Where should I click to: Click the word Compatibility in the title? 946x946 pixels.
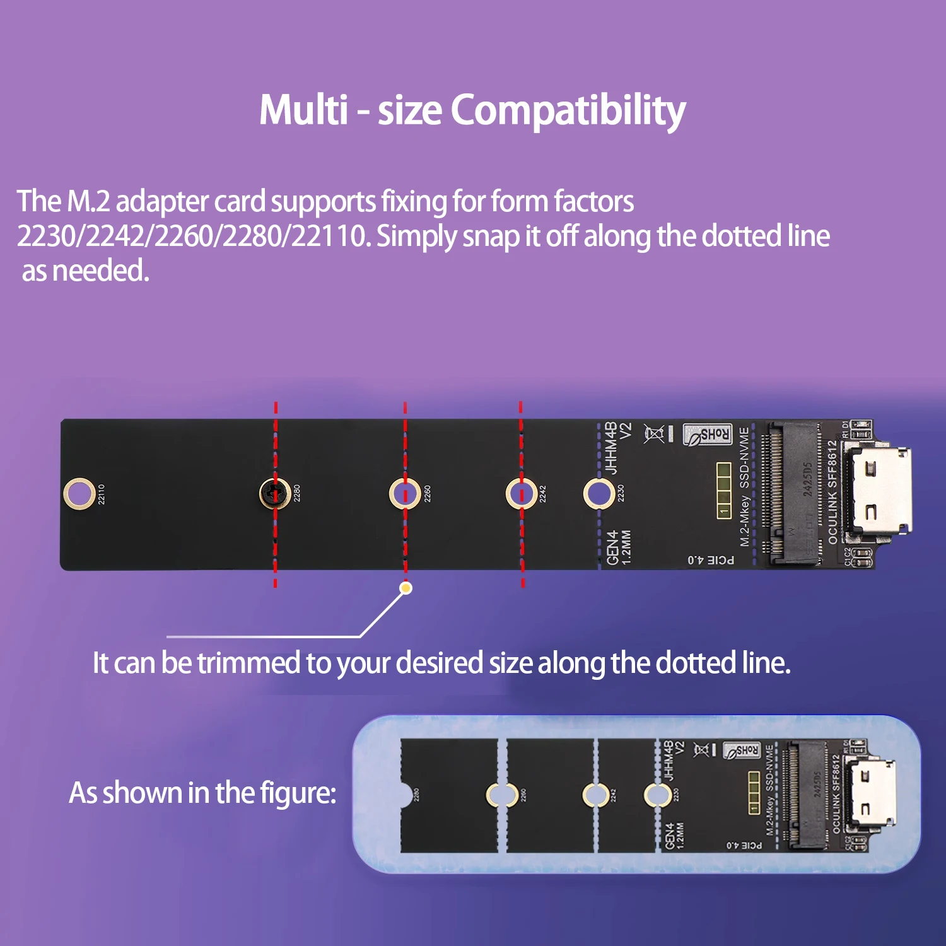coord(568,111)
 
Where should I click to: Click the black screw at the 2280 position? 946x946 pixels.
coord(275,493)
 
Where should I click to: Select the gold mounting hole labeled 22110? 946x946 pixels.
coord(79,493)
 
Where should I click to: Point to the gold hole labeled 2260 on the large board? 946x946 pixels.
coord(405,493)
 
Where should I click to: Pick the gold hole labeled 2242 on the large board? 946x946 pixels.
coord(522,493)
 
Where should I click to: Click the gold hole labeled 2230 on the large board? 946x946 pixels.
coord(599,493)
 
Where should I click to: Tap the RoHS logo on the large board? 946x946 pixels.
coord(708,435)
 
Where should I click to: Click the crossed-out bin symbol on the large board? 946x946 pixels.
coord(654,433)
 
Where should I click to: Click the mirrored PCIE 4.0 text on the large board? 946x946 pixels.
coord(711,560)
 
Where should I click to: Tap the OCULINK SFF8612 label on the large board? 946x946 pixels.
coord(832,492)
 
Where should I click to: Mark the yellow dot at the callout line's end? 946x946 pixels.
coord(406,588)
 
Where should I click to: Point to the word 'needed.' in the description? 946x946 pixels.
coord(100,271)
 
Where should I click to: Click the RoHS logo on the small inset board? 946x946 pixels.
coord(741,750)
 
